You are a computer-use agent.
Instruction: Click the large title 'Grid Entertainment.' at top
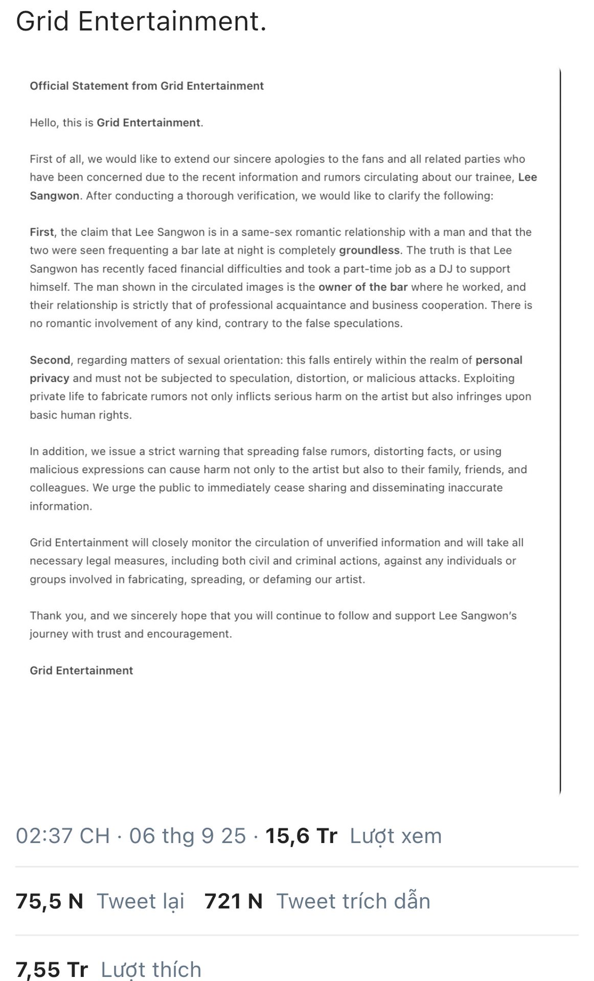pos(141,22)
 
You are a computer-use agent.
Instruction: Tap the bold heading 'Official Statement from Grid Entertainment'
pos(147,86)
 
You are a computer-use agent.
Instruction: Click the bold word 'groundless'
pos(369,250)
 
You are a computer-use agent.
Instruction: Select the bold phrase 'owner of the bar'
pos(363,287)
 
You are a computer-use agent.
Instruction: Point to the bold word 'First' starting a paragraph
pos(41,232)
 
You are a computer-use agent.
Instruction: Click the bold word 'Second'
pos(50,360)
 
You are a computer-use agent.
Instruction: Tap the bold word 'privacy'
pos(50,379)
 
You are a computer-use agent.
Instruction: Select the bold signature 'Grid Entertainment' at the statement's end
pos(81,671)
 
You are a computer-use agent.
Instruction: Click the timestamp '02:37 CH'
pos(63,836)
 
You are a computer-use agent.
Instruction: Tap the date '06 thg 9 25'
pos(187,836)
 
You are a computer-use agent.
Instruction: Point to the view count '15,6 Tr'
pos(301,836)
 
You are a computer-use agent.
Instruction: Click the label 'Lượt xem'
pos(396,836)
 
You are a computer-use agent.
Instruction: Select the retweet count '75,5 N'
pos(49,901)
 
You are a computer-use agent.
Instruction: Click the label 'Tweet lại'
pos(141,901)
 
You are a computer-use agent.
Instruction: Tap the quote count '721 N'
pos(233,901)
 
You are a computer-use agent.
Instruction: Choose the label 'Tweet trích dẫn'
pos(353,901)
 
